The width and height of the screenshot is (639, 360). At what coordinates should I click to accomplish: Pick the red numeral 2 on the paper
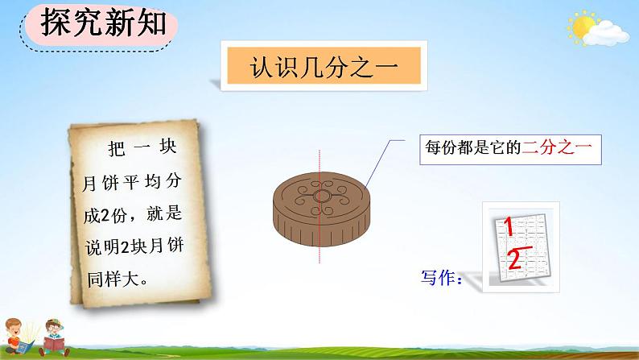(514, 259)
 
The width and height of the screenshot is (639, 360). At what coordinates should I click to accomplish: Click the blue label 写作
(440, 279)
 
